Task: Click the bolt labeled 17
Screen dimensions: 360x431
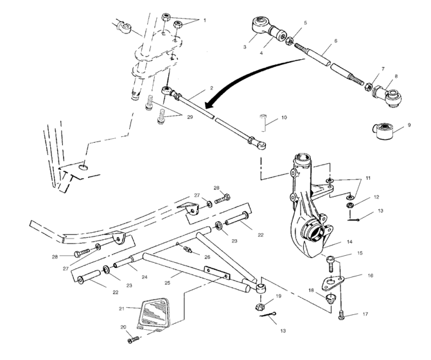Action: pos(341,314)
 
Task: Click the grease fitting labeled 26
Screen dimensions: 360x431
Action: pos(188,249)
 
